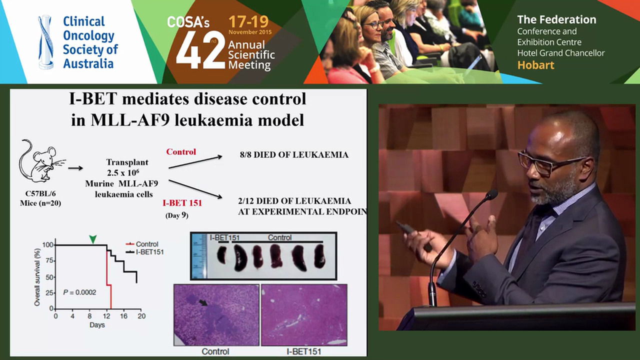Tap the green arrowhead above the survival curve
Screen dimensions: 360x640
92,239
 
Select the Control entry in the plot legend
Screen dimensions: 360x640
146,244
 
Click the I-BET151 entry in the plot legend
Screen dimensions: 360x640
149,251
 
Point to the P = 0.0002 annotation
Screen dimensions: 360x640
79,292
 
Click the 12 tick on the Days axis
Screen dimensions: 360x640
106,316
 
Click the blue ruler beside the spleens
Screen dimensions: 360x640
198,255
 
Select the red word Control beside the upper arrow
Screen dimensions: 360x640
181,151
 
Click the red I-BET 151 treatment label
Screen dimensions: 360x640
181,203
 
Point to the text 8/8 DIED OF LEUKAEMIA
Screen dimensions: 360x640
294,154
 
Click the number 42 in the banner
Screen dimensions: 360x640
200,52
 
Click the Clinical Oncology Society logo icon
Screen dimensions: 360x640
46,42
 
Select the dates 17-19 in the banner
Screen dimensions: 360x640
248,21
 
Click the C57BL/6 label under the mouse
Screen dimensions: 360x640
39,193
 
